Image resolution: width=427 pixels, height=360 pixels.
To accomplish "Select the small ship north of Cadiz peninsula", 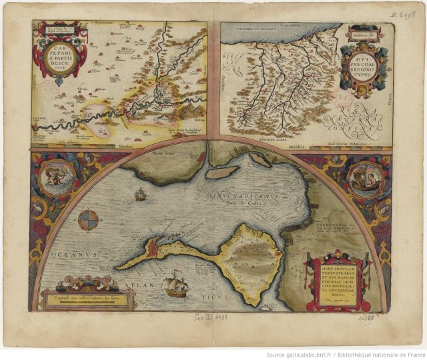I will tap(141, 195).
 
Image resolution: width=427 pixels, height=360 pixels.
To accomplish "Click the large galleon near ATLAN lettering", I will tap(174, 283).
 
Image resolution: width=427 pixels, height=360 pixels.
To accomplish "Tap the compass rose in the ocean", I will tap(88, 219).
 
